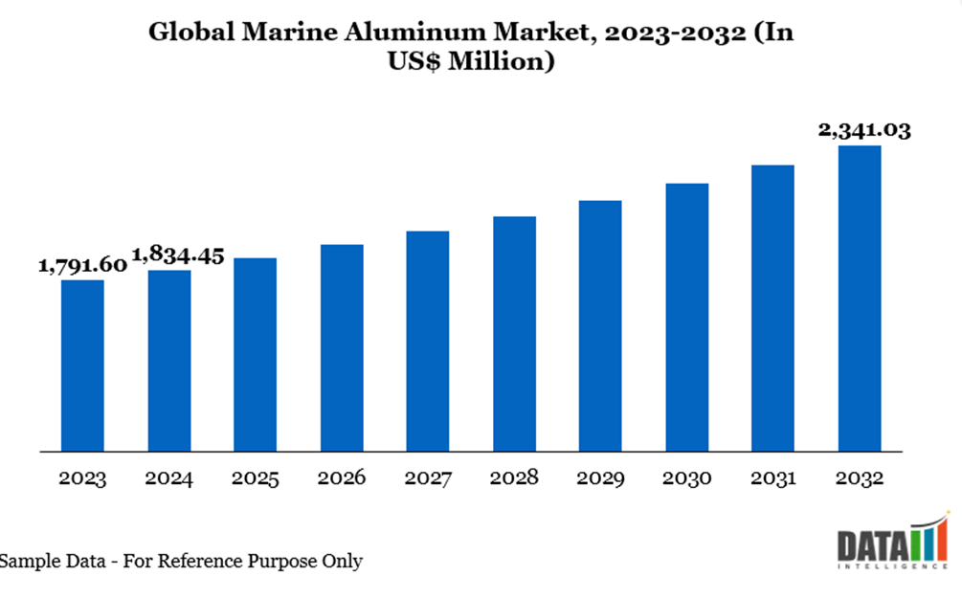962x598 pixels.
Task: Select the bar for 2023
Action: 82,365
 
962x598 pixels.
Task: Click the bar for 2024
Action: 169,360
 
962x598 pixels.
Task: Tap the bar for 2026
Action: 342,347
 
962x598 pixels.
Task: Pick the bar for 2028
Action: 514,333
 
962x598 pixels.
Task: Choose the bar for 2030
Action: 686,317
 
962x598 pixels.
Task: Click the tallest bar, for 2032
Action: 860,298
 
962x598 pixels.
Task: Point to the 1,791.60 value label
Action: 82,265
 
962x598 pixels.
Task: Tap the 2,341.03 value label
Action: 864,130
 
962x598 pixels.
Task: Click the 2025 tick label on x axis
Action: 256,477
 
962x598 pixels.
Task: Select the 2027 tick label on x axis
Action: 428,477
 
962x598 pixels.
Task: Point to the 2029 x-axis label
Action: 600,477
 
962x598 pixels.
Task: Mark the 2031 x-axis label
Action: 772,477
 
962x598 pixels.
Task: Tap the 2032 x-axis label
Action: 860,477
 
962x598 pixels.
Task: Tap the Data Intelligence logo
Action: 892,548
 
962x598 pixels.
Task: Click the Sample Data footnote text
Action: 182,561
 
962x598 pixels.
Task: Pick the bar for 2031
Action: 772,307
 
